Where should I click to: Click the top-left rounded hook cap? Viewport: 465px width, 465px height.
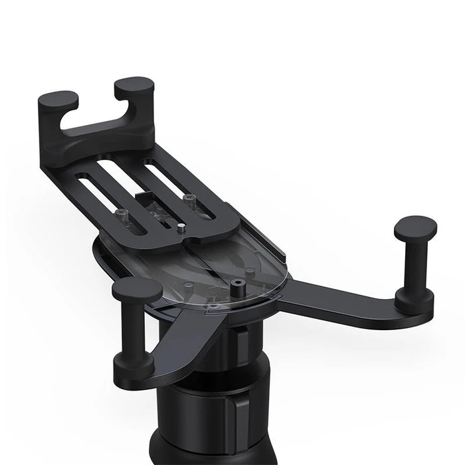58,100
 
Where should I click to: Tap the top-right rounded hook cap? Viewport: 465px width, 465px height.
134,86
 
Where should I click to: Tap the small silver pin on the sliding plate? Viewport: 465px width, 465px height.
180,228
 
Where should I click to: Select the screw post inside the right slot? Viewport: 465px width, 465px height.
189,199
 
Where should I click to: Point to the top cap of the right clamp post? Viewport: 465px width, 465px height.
415,229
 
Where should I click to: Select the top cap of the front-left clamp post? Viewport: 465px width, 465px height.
136,290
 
